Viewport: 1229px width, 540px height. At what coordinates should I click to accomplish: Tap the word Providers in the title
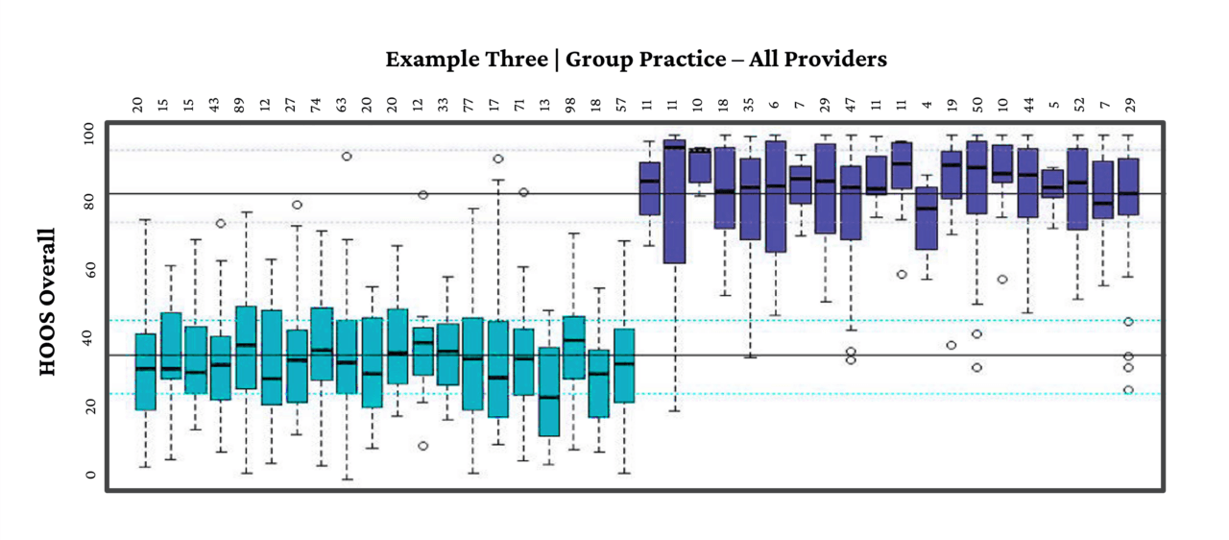click(x=835, y=60)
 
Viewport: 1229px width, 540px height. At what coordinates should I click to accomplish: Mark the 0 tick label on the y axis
click(x=89, y=475)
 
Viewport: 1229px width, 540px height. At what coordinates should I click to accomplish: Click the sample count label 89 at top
click(x=246, y=104)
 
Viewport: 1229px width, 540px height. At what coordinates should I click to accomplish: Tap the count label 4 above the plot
click(x=927, y=105)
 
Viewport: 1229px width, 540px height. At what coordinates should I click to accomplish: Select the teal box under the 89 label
click(x=246, y=347)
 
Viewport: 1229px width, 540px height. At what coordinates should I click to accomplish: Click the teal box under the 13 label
click(x=548, y=391)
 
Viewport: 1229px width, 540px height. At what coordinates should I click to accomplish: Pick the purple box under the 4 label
click(x=927, y=218)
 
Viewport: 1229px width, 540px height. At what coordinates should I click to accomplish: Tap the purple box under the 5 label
click(x=1052, y=184)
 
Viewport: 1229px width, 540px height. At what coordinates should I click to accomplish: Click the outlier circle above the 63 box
click(x=347, y=156)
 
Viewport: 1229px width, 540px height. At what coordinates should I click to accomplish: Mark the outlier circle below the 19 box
click(x=952, y=345)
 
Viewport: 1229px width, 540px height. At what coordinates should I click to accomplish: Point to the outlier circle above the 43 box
click(x=220, y=223)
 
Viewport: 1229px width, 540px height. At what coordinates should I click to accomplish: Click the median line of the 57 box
click(x=624, y=364)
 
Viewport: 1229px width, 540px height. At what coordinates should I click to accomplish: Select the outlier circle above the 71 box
click(x=523, y=192)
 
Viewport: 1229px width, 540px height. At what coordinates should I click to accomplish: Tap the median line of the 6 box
click(x=775, y=186)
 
